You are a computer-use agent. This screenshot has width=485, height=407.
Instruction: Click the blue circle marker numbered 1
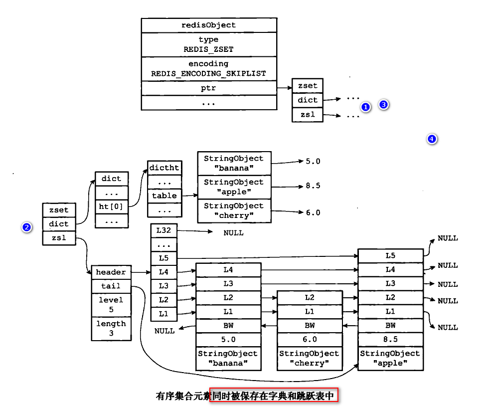pyautogui.click(x=365, y=107)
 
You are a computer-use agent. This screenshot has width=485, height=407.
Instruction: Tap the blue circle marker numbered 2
pyautogui.click(x=27, y=227)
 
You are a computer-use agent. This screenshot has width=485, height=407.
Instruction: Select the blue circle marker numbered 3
pyautogui.click(x=383, y=104)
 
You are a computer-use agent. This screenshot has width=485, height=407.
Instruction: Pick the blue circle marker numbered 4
pyautogui.click(x=432, y=139)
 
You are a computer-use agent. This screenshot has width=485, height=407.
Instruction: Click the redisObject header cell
pyautogui.click(x=209, y=25)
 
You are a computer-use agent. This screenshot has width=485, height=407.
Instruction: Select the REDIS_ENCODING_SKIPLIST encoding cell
pyautogui.click(x=209, y=69)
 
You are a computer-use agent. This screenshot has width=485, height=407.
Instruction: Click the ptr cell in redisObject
pyautogui.click(x=209, y=88)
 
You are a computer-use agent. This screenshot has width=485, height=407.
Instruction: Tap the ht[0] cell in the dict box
pyautogui.click(x=111, y=205)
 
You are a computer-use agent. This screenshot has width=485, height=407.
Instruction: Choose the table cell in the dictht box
pyautogui.click(x=164, y=196)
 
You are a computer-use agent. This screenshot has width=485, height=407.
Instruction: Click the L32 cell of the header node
pyautogui.click(x=163, y=231)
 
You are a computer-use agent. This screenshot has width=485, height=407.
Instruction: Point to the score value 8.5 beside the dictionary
pyautogui.click(x=313, y=186)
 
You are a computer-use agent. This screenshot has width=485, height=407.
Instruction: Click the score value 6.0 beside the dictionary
pyautogui.click(x=313, y=212)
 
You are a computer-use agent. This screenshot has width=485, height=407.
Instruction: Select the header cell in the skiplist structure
pyautogui.click(x=111, y=272)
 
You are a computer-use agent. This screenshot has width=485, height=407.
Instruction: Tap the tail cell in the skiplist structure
pyautogui.click(x=111, y=286)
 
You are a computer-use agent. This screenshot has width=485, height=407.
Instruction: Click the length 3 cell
pyautogui.click(x=111, y=328)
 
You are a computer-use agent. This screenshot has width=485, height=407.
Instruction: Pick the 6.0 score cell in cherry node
pyautogui.click(x=310, y=339)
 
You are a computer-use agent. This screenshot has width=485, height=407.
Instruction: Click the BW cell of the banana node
pyautogui.click(x=228, y=326)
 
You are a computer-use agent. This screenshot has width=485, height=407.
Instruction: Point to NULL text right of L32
pyautogui.click(x=233, y=232)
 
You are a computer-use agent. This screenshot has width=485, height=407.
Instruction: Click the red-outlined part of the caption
pyautogui.click(x=274, y=396)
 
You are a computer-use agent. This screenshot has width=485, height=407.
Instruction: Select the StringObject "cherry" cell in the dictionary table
pyautogui.click(x=234, y=210)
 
